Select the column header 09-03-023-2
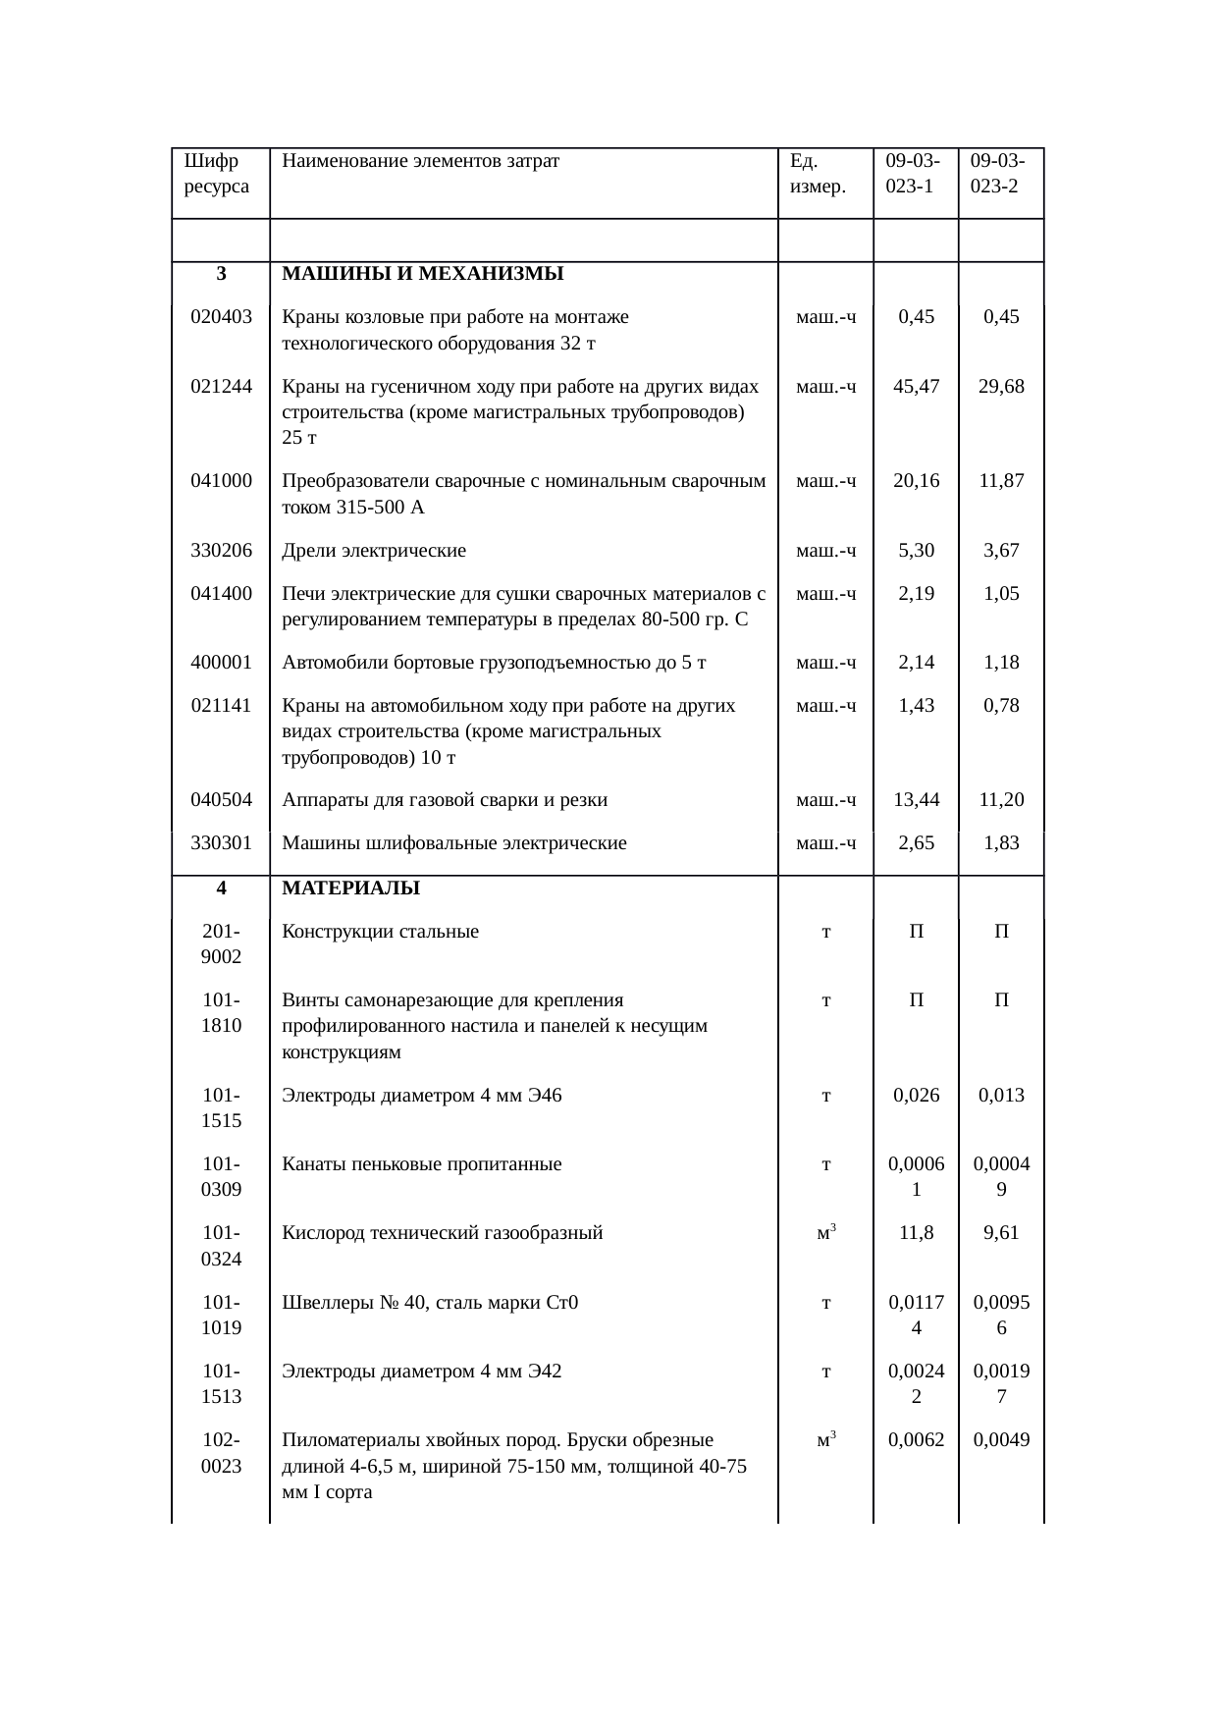[x=999, y=173]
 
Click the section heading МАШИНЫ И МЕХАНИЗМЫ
[x=422, y=274]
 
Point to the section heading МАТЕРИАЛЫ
[x=350, y=888]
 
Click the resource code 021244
[x=221, y=386]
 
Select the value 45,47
[x=916, y=386]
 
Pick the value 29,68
[x=1001, y=386]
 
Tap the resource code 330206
[x=221, y=550]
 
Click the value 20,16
[x=916, y=480]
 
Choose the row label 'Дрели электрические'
[x=374, y=550]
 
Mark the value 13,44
[x=916, y=799]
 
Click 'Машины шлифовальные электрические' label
[x=453, y=842]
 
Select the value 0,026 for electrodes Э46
[x=916, y=1095]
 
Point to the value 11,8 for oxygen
[x=916, y=1232]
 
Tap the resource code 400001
[x=221, y=662]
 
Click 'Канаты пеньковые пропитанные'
[x=421, y=1164]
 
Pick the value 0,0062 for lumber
[x=916, y=1440]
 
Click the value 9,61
[x=1001, y=1232]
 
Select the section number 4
[x=222, y=888]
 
